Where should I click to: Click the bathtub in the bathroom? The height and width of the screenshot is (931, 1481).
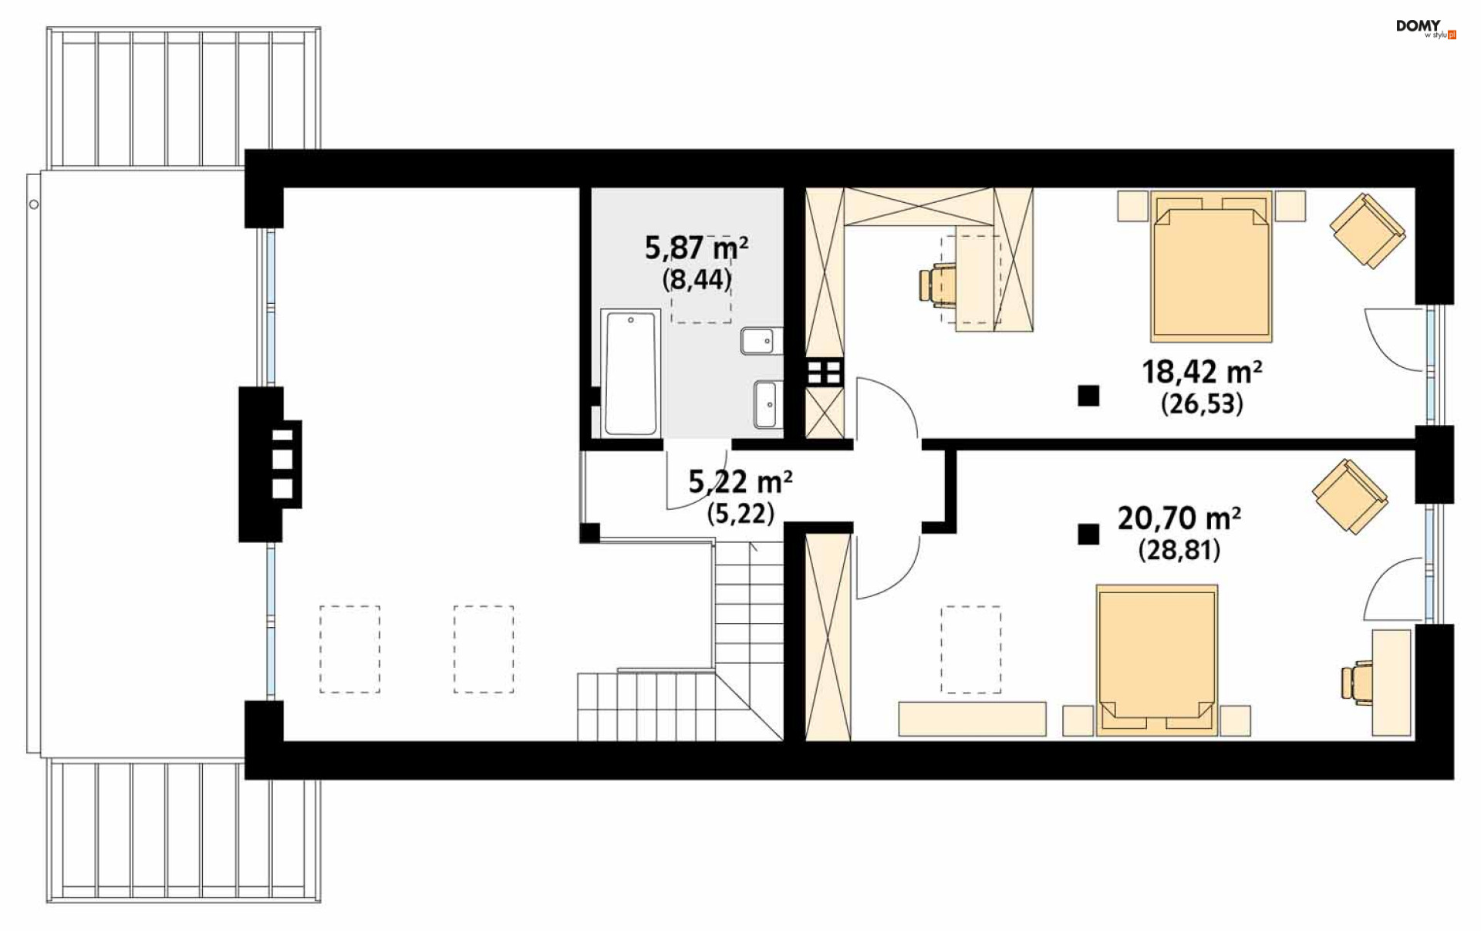click(x=630, y=373)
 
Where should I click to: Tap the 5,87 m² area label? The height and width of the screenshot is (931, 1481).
click(x=697, y=248)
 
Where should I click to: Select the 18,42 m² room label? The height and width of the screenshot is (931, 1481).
click(x=1202, y=373)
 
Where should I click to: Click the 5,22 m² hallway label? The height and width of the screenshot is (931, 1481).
click(x=740, y=482)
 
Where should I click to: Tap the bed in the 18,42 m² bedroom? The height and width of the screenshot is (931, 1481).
click(x=1211, y=266)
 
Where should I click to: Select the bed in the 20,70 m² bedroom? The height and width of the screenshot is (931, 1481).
click(x=1157, y=660)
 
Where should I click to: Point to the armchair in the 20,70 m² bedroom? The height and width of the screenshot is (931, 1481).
click(x=1350, y=497)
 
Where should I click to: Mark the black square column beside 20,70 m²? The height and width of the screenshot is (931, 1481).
click(x=1088, y=534)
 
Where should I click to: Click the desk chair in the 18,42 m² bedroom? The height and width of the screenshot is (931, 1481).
click(x=936, y=284)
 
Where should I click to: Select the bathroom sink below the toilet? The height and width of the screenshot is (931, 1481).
click(x=767, y=404)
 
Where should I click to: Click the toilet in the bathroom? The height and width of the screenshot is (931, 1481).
click(x=761, y=341)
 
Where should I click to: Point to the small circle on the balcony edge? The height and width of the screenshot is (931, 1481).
click(x=34, y=204)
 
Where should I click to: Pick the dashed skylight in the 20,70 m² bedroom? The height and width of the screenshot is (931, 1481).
click(x=970, y=649)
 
